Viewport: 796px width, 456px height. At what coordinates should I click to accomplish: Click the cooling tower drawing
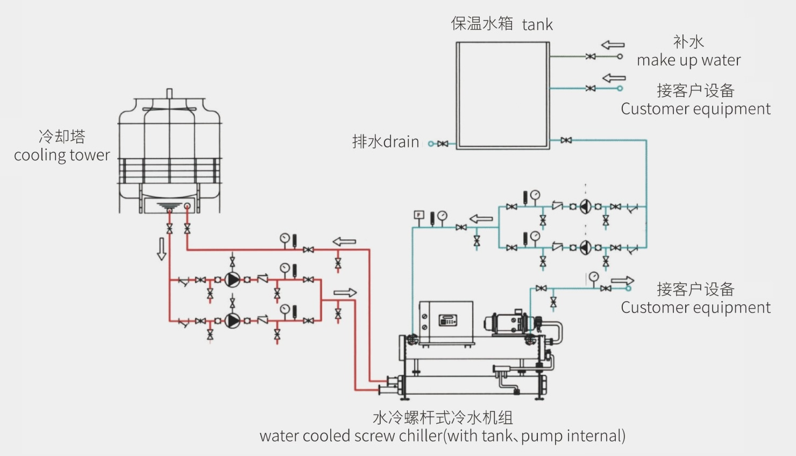(169, 156)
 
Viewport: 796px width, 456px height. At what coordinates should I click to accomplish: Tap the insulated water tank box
(502, 95)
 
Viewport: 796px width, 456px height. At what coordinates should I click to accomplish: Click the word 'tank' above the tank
(537, 25)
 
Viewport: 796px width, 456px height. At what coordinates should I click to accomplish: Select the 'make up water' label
(688, 60)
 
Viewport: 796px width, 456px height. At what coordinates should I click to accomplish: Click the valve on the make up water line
(591, 56)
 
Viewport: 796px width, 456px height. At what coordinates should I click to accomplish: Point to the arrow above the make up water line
(613, 45)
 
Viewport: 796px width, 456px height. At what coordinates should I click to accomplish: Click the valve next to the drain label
(443, 144)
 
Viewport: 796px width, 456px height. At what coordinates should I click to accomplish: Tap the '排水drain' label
(385, 142)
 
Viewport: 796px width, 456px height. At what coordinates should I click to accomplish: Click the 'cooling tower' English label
(62, 155)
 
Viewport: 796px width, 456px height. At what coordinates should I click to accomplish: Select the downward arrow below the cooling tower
(161, 250)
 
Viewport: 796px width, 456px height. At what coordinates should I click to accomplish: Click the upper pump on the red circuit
(232, 280)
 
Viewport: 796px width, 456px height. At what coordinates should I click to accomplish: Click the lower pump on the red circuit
(232, 320)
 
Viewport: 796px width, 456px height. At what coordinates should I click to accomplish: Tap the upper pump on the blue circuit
(586, 206)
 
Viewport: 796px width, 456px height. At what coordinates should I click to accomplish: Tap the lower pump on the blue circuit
(586, 247)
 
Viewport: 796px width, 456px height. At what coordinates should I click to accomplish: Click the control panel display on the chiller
(447, 320)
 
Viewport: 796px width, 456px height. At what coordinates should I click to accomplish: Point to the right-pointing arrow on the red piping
(345, 293)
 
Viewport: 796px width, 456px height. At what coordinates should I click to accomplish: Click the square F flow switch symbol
(419, 215)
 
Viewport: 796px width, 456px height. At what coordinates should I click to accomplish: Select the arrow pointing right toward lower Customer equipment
(622, 281)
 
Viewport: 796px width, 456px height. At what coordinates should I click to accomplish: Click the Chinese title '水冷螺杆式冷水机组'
(442, 418)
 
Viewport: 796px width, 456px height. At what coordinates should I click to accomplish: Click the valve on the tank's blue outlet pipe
(566, 140)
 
